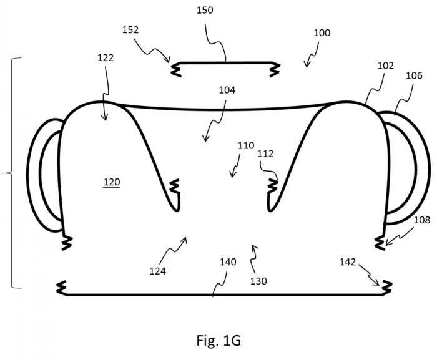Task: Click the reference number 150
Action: tap(205, 11)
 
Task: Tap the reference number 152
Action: tap(130, 30)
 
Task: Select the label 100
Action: tap(322, 33)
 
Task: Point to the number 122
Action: tap(106, 58)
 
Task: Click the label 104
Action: tap(227, 90)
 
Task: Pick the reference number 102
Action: tap(386, 66)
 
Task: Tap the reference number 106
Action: tap(414, 75)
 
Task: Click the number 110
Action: tap(246, 145)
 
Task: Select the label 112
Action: tap(265, 154)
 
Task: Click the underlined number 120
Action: tap(112, 182)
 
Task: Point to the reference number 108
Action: tap(422, 220)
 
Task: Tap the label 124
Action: tap(157, 271)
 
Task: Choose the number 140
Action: tap(228, 262)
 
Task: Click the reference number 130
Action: tap(258, 281)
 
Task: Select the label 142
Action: tap(348, 262)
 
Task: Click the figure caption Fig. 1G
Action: tap(219, 340)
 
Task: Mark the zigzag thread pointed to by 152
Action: tap(176, 69)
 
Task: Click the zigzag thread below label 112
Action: tap(273, 186)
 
